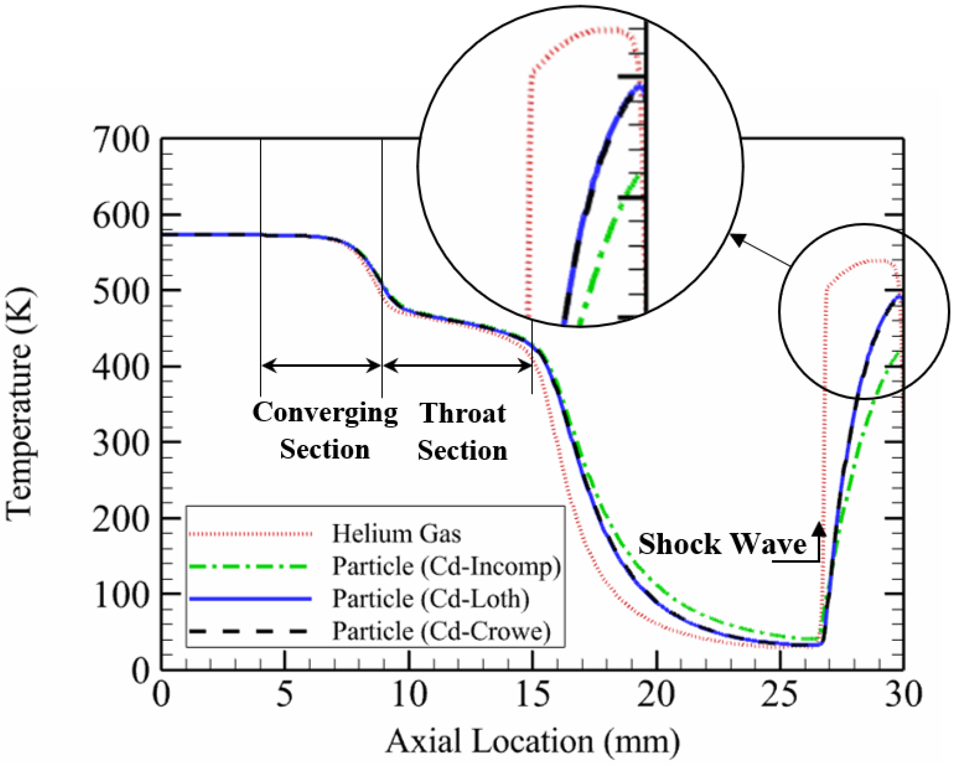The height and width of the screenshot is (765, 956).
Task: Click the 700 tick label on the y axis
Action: click(120, 141)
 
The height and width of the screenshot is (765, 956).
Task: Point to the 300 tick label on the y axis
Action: click(120, 443)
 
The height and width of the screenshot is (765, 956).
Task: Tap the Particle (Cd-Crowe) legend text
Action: click(442, 631)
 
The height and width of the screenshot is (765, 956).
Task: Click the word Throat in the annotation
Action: click(463, 413)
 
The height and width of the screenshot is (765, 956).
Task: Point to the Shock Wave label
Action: click(722, 544)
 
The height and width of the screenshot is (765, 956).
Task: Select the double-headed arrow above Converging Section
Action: click(321, 366)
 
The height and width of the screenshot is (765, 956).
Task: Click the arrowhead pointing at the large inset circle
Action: click(737, 240)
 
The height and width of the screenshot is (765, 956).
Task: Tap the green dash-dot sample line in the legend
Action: click(251, 566)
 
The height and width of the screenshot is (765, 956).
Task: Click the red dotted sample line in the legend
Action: click(251, 534)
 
